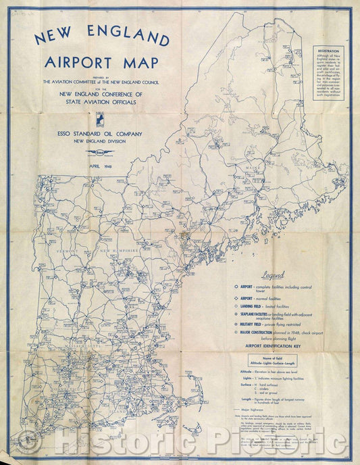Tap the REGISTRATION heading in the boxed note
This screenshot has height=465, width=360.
click(x=330, y=50)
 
